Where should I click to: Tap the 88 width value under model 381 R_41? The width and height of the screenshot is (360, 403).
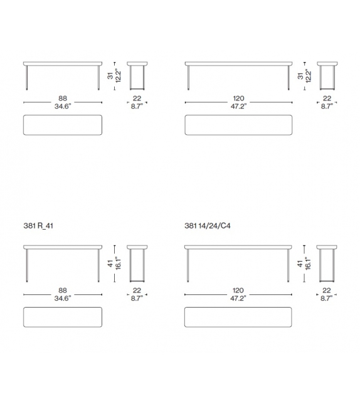[x=63, y=291]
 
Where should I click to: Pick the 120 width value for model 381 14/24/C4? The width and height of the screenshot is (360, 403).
[x=238, y=291]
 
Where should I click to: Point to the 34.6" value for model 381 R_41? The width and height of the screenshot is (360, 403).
[x=63, y=298]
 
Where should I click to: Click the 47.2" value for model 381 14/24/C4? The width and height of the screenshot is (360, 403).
[x=238, y=298]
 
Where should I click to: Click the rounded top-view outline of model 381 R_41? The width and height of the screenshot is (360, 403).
[x=63, y=318]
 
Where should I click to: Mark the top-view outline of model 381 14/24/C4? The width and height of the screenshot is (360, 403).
[x=238, y=318]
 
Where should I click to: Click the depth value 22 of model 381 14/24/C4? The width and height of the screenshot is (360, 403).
[x=326, y=291]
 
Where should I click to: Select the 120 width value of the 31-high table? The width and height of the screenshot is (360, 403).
[x=238, y=99]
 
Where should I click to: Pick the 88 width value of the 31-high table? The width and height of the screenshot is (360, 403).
[x=63, y=99]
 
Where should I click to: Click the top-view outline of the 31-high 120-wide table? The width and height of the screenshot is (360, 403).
[x=238, y=125]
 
